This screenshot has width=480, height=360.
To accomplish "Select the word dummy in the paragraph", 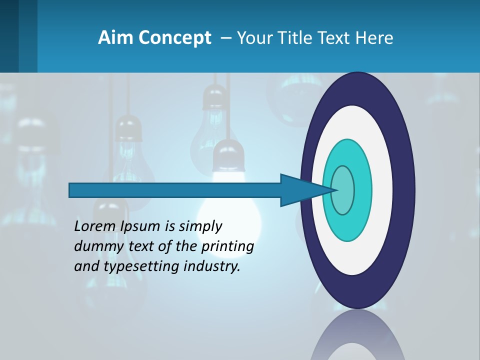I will (x=96, y=246).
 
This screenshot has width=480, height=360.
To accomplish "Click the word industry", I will (x=212, y=266).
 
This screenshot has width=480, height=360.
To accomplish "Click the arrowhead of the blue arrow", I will (x=300, y=190).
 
